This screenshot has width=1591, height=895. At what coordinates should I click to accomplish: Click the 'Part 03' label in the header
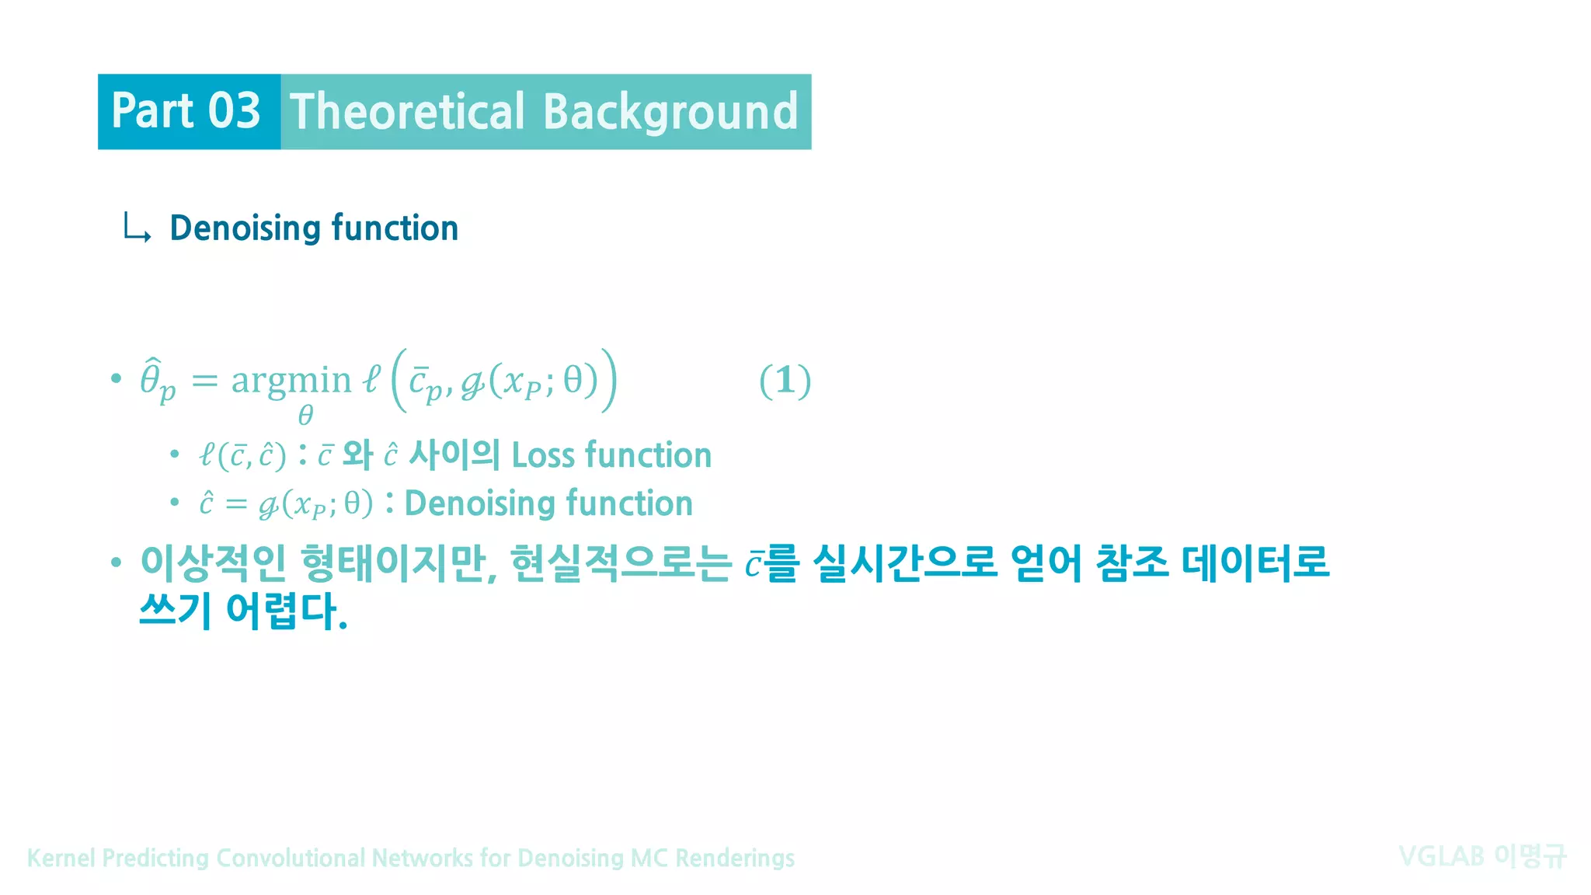coord(186,111)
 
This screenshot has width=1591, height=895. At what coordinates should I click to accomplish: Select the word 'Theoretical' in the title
coord(407,111)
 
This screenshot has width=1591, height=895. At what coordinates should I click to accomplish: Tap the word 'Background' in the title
coord(670,111)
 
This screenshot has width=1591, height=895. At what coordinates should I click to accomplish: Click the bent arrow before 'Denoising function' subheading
coord(137,228)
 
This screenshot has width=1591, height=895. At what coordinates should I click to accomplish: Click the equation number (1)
coord(785,381)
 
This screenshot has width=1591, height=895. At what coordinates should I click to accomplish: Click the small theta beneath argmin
coord(305,416)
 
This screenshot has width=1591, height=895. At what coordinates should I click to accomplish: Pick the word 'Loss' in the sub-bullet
coord(544,455)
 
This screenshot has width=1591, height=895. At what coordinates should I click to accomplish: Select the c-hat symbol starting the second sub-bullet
coord(206,503)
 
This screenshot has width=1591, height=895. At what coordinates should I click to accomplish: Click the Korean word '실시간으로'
coord(905,563)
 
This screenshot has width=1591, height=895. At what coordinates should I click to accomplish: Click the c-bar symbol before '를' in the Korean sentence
coord(753,565)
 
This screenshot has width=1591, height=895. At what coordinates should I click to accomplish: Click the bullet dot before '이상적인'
coord(117,562)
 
